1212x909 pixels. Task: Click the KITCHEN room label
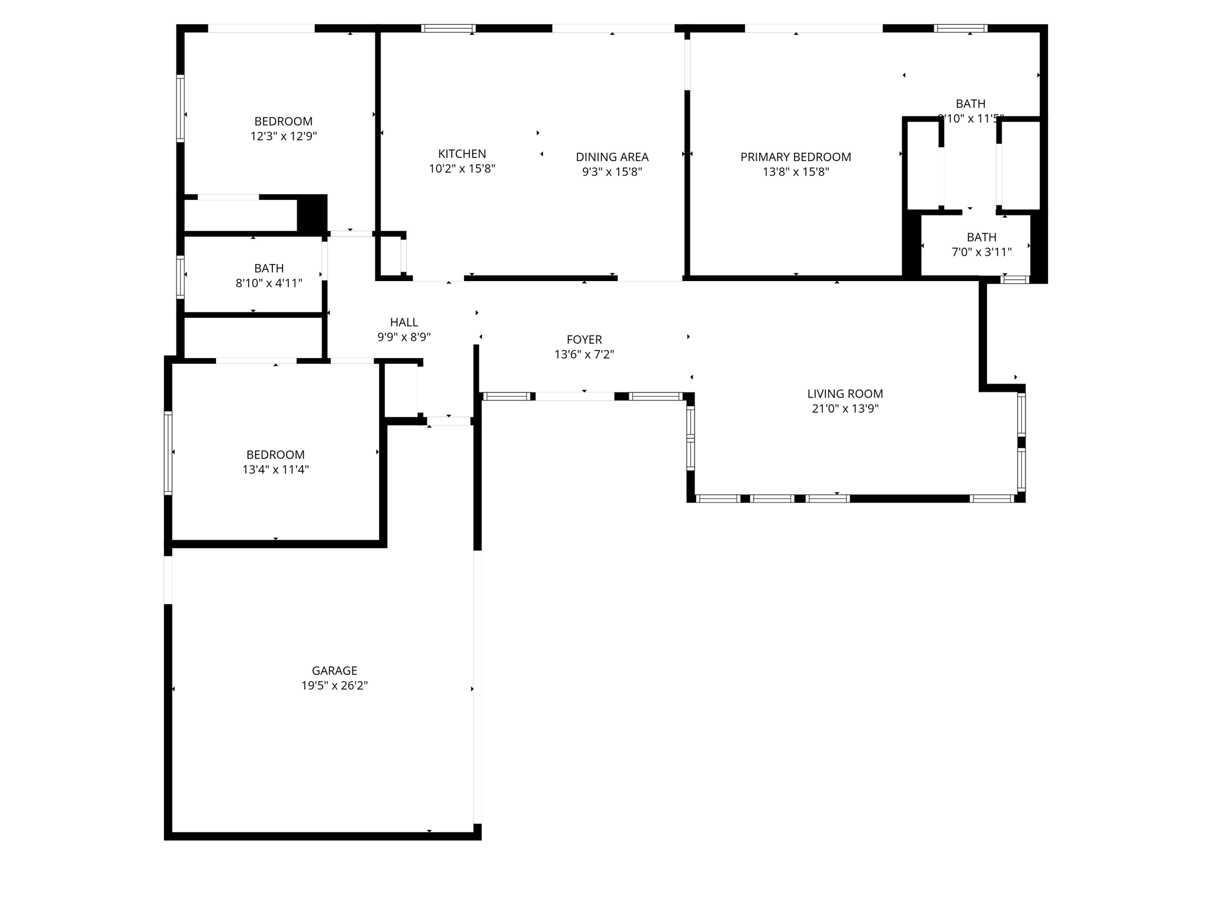click(462, 154)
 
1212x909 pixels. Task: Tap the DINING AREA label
click(612, 157)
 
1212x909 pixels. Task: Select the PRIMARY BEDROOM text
click(795, 157)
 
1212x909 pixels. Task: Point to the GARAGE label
click(335, 671)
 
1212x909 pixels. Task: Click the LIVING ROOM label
click(845, 394)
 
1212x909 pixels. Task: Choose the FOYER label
click(584, 340)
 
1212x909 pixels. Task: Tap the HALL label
click(404, 323)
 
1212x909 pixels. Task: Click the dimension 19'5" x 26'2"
click(335, 685)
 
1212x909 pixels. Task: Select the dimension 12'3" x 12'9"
click(284, 136)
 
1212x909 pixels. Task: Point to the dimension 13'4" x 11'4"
click(275, 470)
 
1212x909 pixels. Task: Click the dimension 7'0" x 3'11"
click(981, 252)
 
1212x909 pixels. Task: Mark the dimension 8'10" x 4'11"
click(269, 283)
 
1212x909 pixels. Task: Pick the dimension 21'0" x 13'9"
click(845, 409)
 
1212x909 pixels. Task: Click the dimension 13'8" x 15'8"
click(795, 172)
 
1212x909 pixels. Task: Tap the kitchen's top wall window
click(448, 28)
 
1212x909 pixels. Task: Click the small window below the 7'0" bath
click(1015, 279)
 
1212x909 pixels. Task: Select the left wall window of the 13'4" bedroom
click(168, 453)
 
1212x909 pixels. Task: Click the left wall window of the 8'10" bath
click(181, 276)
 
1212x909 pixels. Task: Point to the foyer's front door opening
click(574, 397)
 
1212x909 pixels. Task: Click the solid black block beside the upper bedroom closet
click(311, 213)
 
